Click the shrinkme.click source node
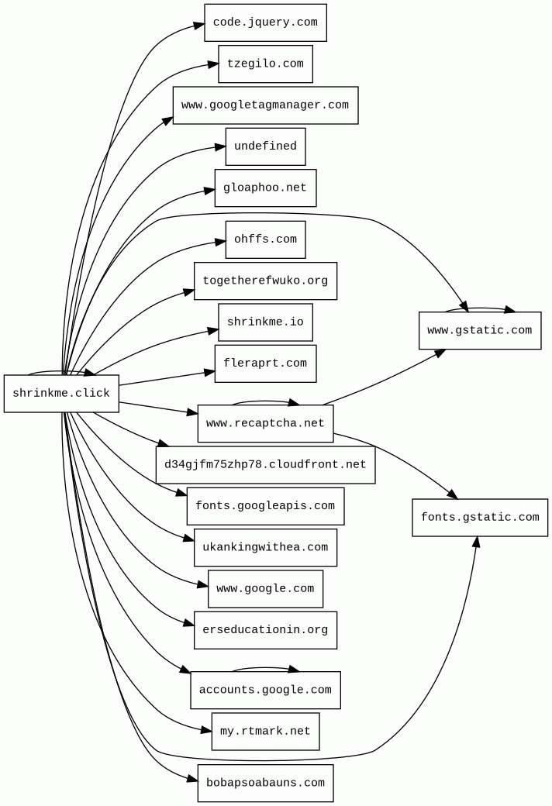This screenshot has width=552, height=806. click(x=61, y=394)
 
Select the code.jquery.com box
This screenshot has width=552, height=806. click(x=265, y=22)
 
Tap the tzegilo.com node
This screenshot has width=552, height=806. click(x=265, y=64)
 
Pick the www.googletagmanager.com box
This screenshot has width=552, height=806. click(x=265, y=105)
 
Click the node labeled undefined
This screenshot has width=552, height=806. click(x=265, y=146)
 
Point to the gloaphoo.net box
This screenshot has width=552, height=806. click(x=265, y=188)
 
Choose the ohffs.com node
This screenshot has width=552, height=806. click(x=265, y=239)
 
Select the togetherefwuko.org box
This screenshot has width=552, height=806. click(x=265, y=281)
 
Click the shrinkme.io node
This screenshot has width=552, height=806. click(x=265, y=322)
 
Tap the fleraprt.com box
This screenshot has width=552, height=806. click(x=265, y=363)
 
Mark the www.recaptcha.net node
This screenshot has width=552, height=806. click(x=265, y=424)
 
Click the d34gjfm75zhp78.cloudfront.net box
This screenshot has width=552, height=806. click(x=265, y=465)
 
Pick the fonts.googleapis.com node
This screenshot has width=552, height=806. click(x=265, y=506)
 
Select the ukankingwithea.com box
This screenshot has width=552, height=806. click(x=265, y=548)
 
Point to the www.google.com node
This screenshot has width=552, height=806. click(x=265, y=589)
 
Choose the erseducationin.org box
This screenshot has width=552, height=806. click(x=265, y=630)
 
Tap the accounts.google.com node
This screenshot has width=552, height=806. click(x=265, y=690)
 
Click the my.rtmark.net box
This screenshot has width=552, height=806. click(x=265, y=732)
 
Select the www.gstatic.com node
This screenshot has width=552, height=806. click(x=480, y=331)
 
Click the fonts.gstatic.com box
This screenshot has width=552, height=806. click(x=480, y=518)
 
